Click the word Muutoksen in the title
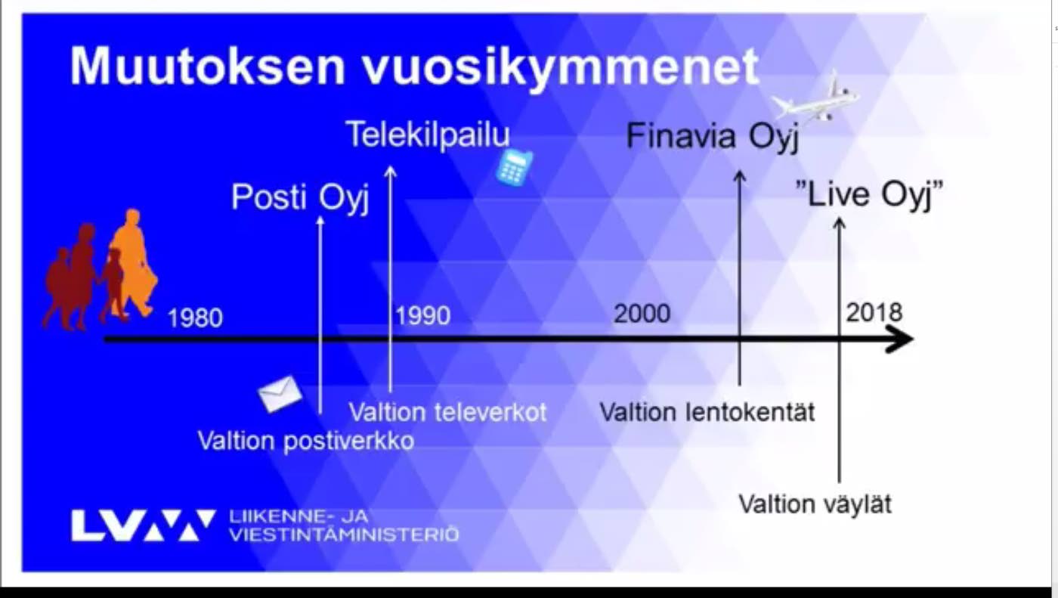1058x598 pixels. coord(208,66)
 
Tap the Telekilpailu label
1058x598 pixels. coord(428,135)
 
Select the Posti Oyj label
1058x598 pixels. coord(300,198)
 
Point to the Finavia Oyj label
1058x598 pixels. coord(712,137)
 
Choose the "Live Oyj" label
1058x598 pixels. coord(869,194)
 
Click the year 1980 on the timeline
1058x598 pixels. coord(195,318)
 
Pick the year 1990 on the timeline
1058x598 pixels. coord(422,316)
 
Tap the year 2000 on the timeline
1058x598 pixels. coord(642,314)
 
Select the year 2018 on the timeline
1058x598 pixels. coord(874,312)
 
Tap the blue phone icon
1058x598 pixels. coord(514,167)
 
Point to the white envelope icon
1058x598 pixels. coord(280,394)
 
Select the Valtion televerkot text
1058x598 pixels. coord(447,412)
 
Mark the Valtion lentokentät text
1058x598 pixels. coord(707,412)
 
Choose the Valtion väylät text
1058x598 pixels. coord(815,503)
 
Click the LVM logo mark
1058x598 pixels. coord(143,525)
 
